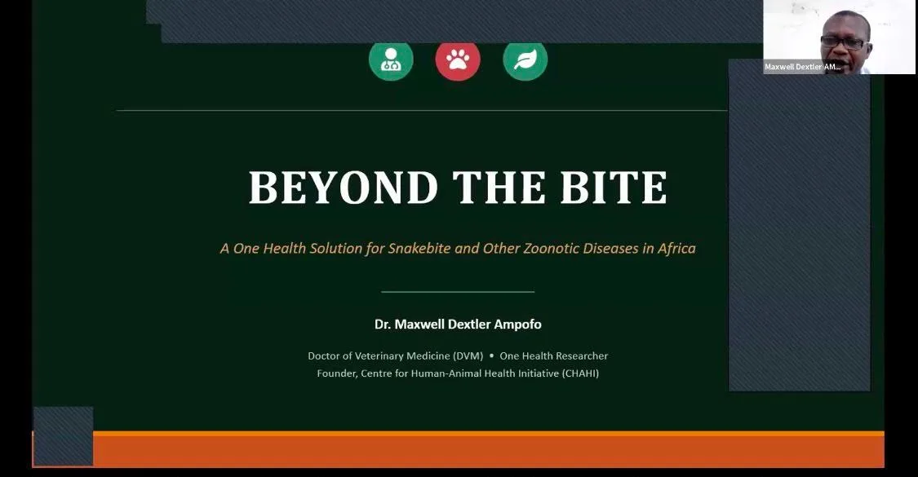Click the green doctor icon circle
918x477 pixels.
coord(391,59)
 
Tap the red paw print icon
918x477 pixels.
coord(458,59)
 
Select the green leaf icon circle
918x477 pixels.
coord(526,59)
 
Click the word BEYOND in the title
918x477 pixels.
coord(344,188)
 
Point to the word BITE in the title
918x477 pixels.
coord(614,188)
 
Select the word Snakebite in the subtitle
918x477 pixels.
coord(419,248)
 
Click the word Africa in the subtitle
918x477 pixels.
coord(676,248)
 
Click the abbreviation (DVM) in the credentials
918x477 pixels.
coord(468,356)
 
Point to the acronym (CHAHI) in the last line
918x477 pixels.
coord(580,373)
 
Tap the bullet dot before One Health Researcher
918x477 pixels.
coord(491,356)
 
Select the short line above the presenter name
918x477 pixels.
coord(458,291)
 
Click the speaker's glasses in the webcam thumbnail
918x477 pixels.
coord(843,42)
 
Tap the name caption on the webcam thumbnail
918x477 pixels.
coord(803,67)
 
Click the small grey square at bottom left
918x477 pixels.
coord(63,436)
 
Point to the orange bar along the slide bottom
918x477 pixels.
coord(488,449)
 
